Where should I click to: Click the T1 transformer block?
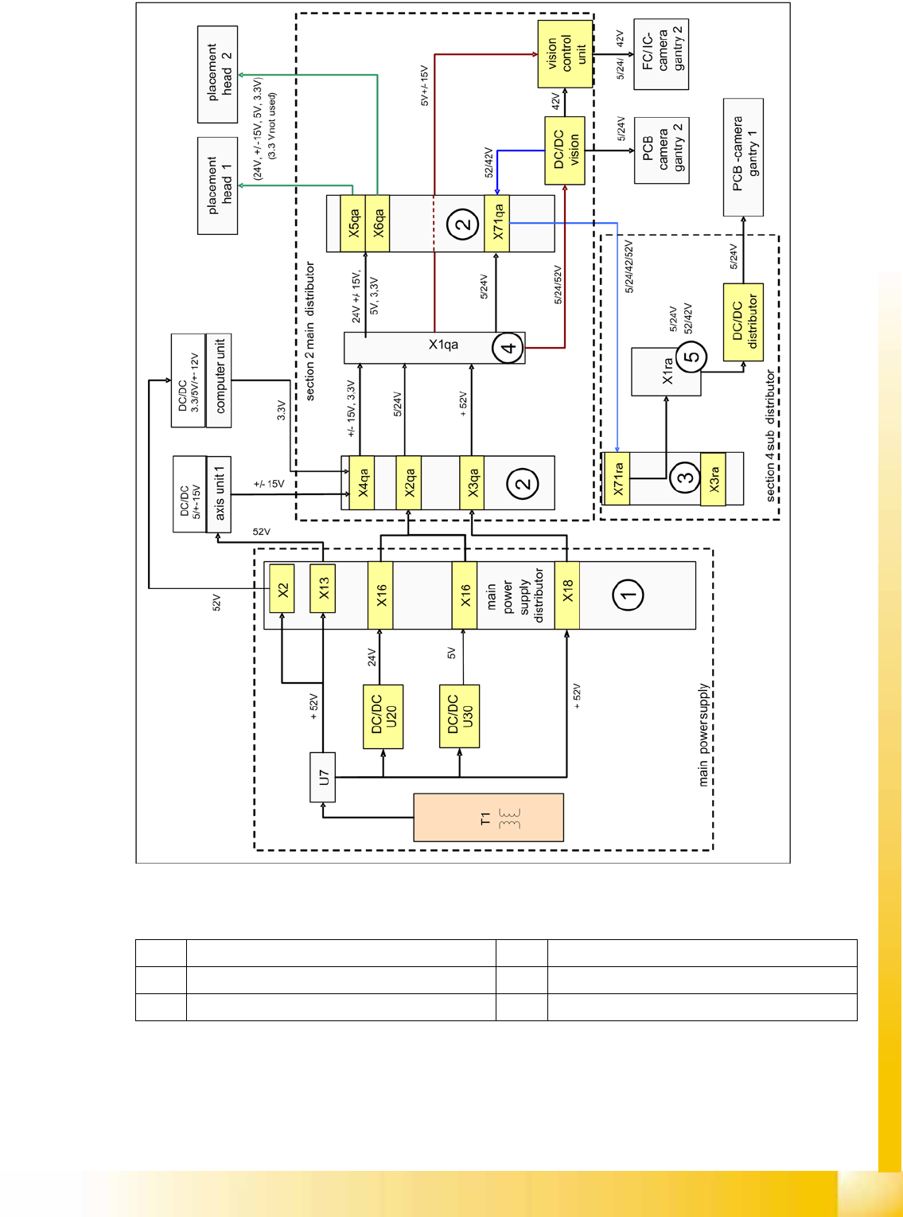[488, 817]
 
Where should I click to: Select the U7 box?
[323, 778]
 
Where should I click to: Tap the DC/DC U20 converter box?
[383, 716]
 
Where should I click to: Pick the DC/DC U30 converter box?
[459, 716]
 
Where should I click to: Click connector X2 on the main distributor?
[282, 589]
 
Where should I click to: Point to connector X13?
[322, 589]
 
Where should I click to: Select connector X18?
[567, 595]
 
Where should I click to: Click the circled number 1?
[629, 595]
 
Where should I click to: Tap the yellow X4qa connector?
[362, 482]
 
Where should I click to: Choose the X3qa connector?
[473, 482]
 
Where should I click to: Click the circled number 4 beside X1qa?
[508, 347]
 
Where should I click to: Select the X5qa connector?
[352, 224]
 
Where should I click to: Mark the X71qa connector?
[496, 224]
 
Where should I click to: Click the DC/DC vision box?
[565, 150]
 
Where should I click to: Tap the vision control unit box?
[565, 53]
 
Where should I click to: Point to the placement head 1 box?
[217, 185]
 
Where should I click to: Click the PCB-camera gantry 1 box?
[743, 157]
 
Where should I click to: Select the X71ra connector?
[617, 478]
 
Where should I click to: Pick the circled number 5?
[692, 356]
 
